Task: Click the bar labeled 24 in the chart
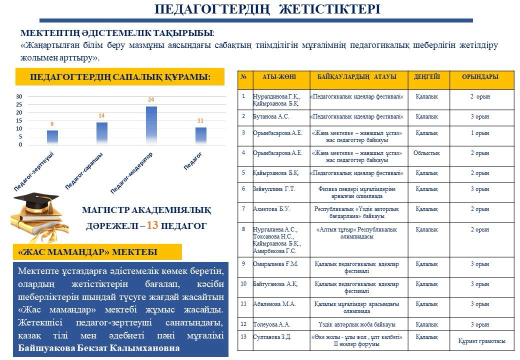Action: coord(151,125)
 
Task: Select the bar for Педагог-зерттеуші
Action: coord(52,137)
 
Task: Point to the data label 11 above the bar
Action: coord(200,121)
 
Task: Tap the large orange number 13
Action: coord(152,225)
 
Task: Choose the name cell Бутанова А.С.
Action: coord(271,116)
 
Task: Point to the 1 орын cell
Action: coord(480,133)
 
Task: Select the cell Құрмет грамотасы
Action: coord(481,341)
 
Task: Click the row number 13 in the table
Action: coord(244,336)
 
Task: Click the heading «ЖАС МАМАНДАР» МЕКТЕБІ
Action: coord(87,252)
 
